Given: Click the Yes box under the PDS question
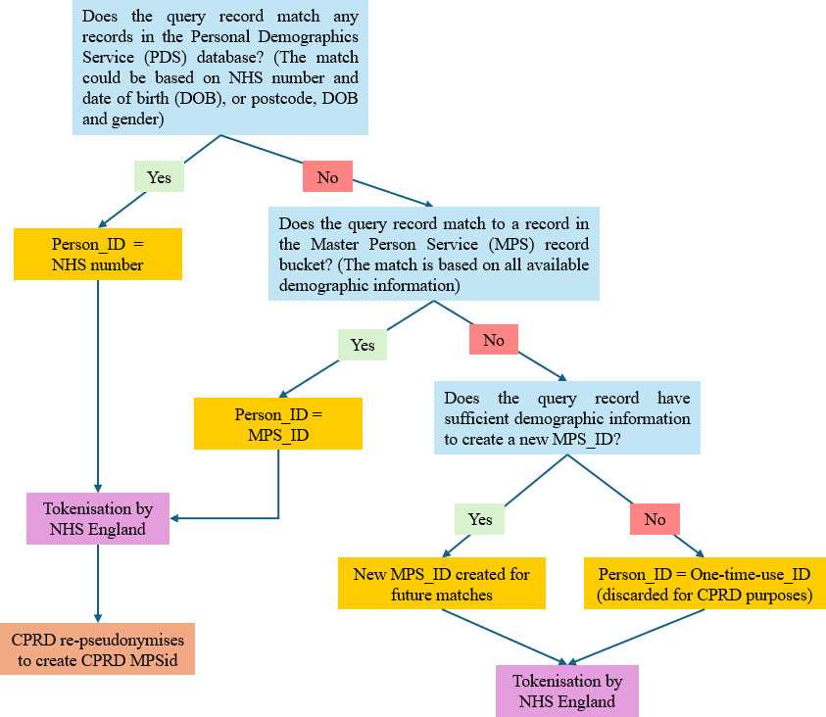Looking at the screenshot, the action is pos(159,176).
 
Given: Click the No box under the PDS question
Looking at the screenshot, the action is pos(327,176).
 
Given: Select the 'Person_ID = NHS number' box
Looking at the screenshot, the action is pos(98,254).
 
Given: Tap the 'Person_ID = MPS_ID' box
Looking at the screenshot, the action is pos(278,423).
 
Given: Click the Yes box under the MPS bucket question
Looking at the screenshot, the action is pos(363,345).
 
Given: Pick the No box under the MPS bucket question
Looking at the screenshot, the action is pos(494,340).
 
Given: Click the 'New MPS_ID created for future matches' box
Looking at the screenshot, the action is pos(442,583).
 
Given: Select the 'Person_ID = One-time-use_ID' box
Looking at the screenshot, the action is pos(705,583).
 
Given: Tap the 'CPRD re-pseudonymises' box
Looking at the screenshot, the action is pos(97,649).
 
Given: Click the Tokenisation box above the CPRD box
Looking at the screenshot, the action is pos(98,518).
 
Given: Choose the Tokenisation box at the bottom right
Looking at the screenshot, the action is pos(567,691).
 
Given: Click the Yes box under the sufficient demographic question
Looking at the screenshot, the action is pos(480,519).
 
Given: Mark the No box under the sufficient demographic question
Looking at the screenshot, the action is pos(655,519).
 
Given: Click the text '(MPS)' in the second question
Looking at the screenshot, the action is pos(510,244).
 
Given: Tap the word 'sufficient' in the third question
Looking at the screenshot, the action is pos(475,418).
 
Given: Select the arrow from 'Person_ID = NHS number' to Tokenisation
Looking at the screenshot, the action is pos(98,386).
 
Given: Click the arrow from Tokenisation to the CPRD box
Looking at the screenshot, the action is pos(98,583).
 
